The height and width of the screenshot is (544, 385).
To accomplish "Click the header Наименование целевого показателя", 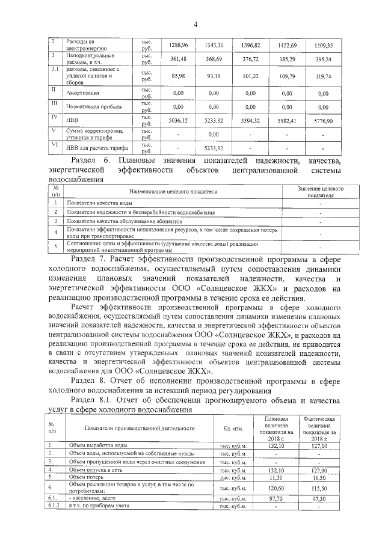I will coord(172,191).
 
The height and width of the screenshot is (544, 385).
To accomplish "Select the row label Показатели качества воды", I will coord(99,204).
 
